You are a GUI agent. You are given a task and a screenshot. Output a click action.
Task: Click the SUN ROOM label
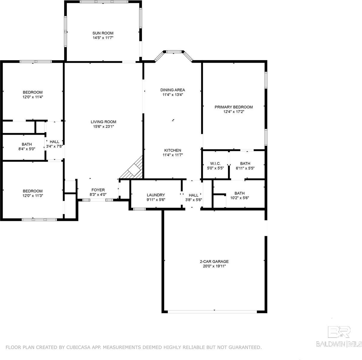[103, 33]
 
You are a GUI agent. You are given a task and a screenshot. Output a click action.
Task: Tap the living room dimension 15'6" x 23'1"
[103, 127]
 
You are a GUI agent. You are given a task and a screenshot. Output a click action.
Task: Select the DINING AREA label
[173, 90]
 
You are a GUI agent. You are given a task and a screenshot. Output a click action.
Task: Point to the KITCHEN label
[173, 150]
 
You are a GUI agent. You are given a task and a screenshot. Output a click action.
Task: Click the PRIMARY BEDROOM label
[234, 107]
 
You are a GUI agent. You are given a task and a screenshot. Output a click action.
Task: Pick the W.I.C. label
[215, 163]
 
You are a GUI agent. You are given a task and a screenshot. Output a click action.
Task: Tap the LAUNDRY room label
[156, 195]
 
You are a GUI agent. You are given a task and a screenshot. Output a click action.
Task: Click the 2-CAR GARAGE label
[214, 261]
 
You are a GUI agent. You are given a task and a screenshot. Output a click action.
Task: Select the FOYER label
[98, 190]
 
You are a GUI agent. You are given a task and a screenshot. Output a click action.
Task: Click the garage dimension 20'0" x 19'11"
[214, 266]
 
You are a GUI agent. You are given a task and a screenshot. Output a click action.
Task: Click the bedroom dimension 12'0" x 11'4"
[33, 97]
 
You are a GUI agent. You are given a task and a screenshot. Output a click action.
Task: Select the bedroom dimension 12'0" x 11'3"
[33, 196]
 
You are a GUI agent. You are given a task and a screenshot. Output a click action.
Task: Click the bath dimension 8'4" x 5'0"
[27, 149]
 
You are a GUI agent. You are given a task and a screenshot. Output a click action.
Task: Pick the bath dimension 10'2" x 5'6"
[239, 198]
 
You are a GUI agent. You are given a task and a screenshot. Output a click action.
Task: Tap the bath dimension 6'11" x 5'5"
[245, 168]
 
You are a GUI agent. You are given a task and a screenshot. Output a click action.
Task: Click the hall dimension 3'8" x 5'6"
[194, 200]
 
